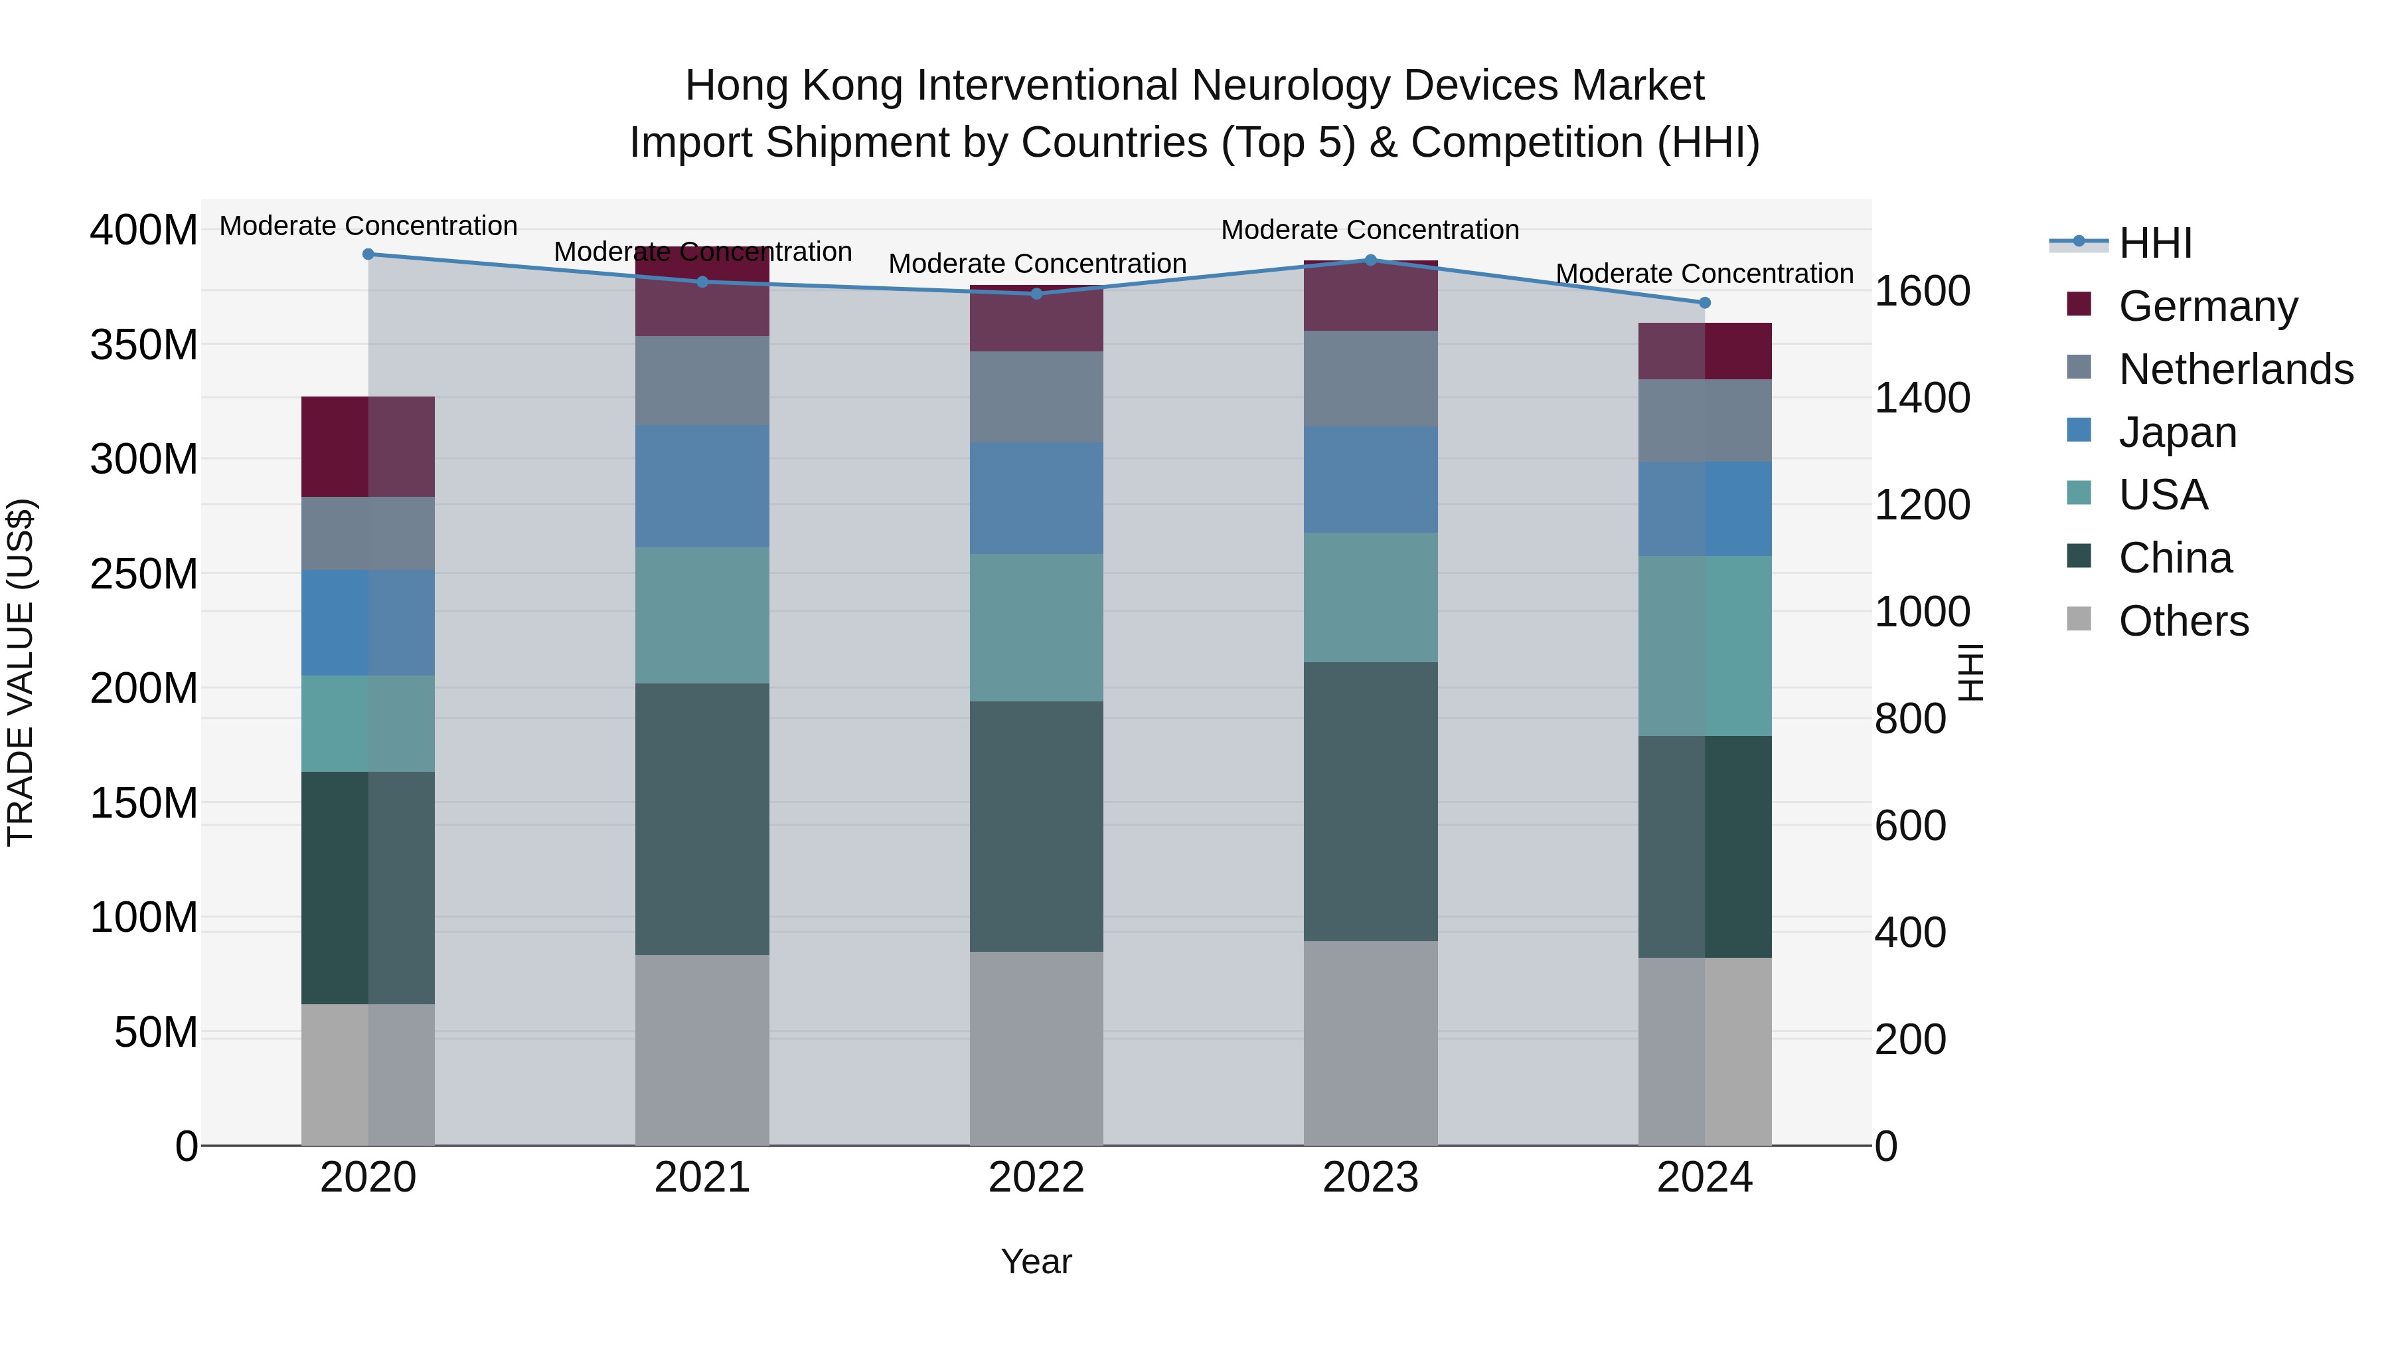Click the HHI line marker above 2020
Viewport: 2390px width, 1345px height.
[368, 254]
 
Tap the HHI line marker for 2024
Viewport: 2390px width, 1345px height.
[1704, 303]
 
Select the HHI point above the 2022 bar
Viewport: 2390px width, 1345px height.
[1036, 294]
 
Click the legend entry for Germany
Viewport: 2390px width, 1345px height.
[2207, 306]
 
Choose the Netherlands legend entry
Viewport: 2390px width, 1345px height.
[2235, 369]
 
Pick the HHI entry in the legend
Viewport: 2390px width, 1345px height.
[2154, 243]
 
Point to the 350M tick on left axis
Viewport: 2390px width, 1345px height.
[144, 344]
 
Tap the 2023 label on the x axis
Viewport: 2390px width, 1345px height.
[1370, 1177]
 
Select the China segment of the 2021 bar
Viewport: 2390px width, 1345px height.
[702, 819]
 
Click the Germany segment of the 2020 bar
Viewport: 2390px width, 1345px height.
[368, 446]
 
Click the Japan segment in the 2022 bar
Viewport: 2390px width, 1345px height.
[1036, 497]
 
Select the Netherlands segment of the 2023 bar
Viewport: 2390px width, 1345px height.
[1370, 378]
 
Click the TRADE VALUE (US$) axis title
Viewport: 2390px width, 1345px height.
[21, 672]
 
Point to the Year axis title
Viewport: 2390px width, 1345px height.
[1036, 1261]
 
